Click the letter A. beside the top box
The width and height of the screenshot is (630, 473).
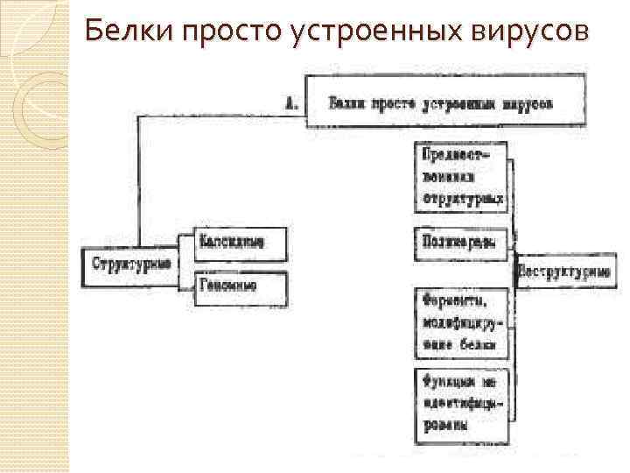pos(293,103)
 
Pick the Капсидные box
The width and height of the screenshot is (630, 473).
pos(231,241)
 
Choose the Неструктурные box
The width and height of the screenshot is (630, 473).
pos(563,272)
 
